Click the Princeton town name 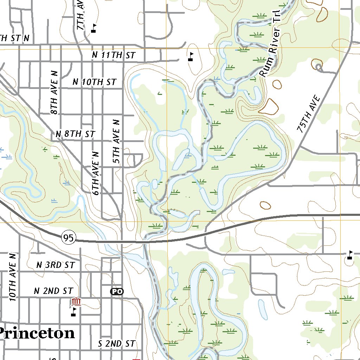click(x=37, y=333)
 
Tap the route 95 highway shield click(x=69, y=238)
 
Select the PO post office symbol click(x=117, y=291)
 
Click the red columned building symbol click(x=76, y=302)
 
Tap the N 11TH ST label click(x=114, y=55)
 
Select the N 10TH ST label click(x=94, y=82)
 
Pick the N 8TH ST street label click(x=75, y=134)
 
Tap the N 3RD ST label click(x=56, y=265)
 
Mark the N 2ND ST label click(x=53, y=291)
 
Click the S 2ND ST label click(x=116, y=344)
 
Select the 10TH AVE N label click(x=13, y=277)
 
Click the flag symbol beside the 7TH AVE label click(x=94, y=28)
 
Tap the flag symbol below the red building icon click(x=73, y=312)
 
